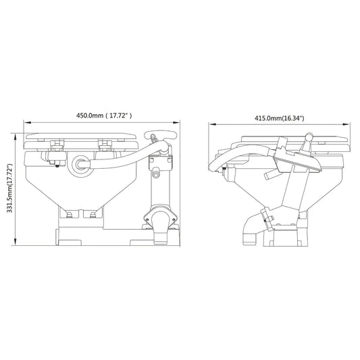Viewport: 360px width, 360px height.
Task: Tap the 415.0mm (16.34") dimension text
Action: click(279, 118)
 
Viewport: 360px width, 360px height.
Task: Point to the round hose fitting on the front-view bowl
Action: click(81, 163)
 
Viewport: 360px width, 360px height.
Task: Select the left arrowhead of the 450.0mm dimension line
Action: click(26, 123)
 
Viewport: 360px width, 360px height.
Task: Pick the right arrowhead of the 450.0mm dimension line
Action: click(180, 123)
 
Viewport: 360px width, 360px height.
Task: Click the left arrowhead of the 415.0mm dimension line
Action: click(210, 124)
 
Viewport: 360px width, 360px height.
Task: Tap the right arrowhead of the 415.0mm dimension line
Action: click(352, 124)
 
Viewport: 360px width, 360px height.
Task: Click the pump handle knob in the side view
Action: click(307, 138)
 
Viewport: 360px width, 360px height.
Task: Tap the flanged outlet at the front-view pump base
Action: click(161, 224)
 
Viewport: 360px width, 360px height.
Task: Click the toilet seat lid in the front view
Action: click(80, 138)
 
